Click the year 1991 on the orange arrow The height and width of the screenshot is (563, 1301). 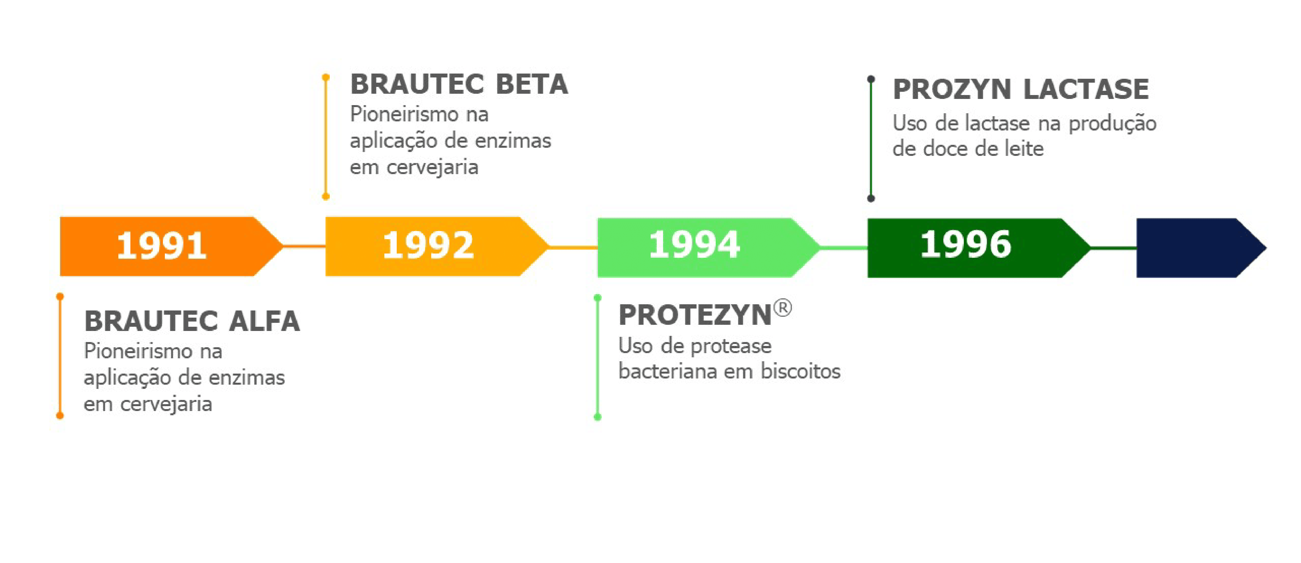162,246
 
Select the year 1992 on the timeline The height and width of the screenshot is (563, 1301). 428,246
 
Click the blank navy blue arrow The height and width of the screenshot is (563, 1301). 1197,248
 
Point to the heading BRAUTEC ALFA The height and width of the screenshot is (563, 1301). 192,322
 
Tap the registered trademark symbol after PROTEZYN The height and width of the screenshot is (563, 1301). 782,308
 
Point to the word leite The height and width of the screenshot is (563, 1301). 1023,149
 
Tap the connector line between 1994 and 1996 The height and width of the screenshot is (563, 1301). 843,248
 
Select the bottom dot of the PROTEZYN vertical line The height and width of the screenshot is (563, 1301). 597,417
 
